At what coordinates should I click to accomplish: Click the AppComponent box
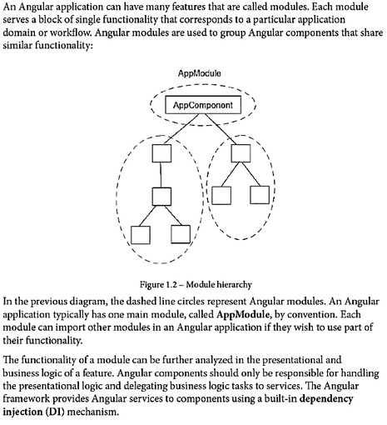[203, 105]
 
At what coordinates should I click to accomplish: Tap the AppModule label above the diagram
[200, 73]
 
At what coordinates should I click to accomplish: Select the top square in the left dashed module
[161, 153]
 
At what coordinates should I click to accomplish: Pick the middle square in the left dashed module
[161, 197]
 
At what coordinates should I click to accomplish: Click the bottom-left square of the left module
[141, 235]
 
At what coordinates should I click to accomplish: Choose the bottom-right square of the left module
[181, 234]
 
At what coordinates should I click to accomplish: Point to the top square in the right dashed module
[241, 153]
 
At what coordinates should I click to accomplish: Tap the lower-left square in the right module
[221, 195]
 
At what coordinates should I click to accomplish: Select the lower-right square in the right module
[260, 195]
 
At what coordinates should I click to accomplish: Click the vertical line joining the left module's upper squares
[161, 175]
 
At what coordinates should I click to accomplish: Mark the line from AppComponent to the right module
[221, 129]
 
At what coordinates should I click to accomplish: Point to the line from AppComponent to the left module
[181, 129]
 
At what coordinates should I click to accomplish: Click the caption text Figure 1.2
[158, 285]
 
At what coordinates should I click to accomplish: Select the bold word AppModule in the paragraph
[242, 314]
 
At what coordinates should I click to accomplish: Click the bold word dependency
[326, 398]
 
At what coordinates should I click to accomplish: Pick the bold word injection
[22, 412]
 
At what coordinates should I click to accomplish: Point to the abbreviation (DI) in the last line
[55, 412]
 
